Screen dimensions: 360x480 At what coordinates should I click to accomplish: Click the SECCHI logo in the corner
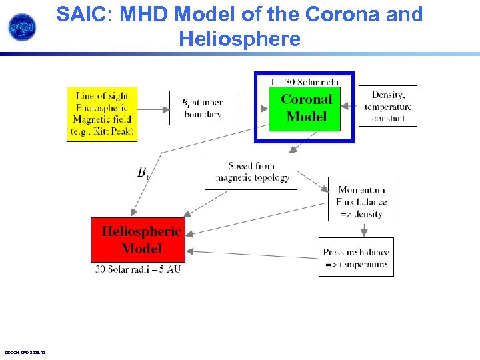click(x=22, y=27)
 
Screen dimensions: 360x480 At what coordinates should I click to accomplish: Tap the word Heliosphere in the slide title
click(x=239, y=39)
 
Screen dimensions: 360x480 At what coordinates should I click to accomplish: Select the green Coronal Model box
click(x=305, y=108)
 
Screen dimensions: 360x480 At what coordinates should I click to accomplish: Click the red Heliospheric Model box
click(x=138, y=240)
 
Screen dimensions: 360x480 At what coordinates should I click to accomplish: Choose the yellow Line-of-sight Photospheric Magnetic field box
click(x=102, y=113)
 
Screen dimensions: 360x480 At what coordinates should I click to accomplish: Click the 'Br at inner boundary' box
click(x=202, y=109)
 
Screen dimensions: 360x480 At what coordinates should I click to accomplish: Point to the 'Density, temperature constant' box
click(x=388, y=107)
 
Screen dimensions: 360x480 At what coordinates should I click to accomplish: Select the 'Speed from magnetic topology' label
click(x=252, y=172)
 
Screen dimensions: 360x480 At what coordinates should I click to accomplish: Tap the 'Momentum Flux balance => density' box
click(x=363, y=201)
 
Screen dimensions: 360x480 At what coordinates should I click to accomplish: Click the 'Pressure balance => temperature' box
click(x=356, y=258)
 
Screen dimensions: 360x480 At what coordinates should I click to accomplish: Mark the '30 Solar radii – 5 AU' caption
click(x=138, y=269)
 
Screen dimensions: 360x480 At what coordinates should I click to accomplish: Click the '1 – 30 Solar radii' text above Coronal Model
click(x=304, y=82)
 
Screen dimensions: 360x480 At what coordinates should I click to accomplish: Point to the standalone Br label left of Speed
click(x=143, y=173)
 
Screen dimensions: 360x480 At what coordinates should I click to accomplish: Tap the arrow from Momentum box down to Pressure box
click(x=363, y=229)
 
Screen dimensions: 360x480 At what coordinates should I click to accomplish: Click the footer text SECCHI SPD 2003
click(x=24, y=352)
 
